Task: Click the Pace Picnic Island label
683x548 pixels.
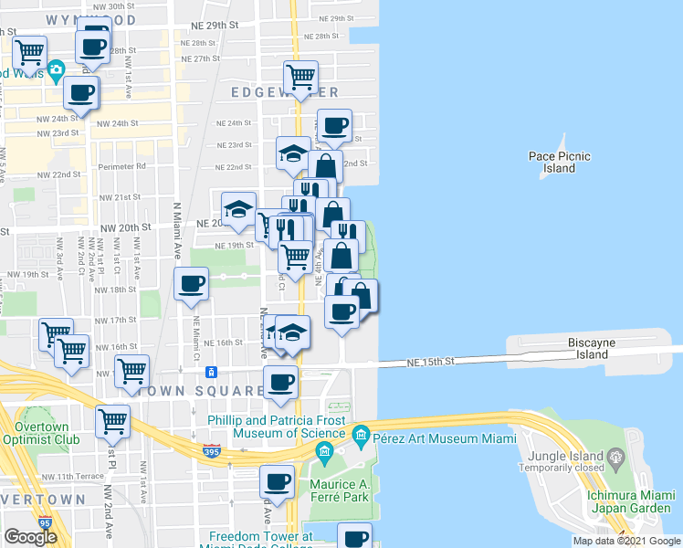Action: pyautogui.click(x=559, y=162)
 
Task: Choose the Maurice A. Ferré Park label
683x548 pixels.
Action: pyautogui.click(x=337, y=490)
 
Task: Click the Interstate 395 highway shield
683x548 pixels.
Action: pyautogui.click(x=210, y=449)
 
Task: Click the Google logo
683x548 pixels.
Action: pyautogui.click(x=29, y=536)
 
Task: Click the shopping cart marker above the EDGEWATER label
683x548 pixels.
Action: pyautogui.click(x=300, y=76)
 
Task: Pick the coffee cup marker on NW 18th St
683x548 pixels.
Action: pyautogui.click(x=191, y=283)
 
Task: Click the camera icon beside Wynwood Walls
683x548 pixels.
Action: pyautogui.click(x=57, y=69)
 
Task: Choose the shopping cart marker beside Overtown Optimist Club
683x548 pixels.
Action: pyautogui.click(x=112, y=421)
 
